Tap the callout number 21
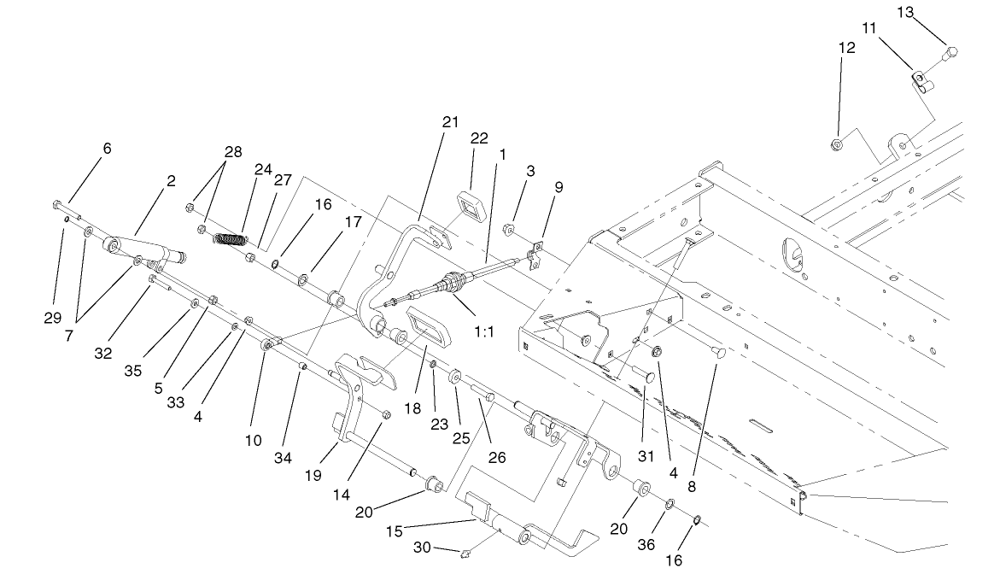pyautogui.click(x=450, y=123)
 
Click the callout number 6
pyautogui.click(x=107, y=148)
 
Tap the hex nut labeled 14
pyautogui.click(x=383, y=415)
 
